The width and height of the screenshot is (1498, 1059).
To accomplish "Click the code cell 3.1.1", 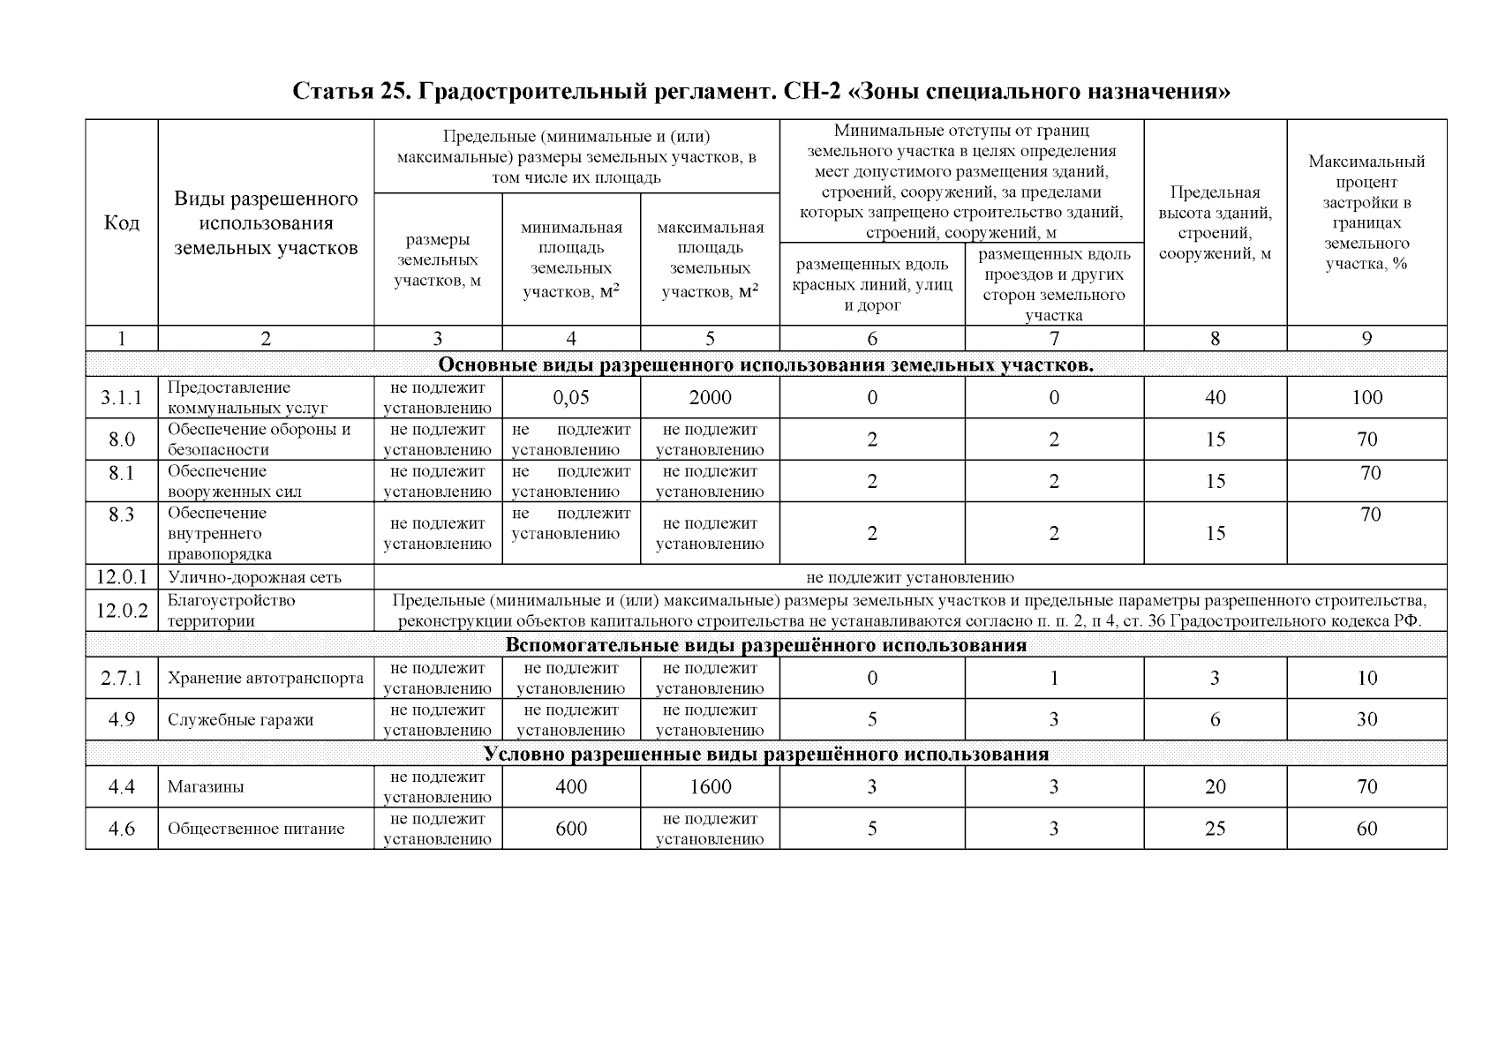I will (x=121, y=398).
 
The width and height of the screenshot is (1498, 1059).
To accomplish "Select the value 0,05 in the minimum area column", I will (x=571, y=398).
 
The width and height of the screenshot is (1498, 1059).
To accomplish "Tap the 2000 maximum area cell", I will (x=710, y=398).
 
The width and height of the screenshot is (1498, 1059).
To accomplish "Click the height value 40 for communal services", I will (x=1215, y=398).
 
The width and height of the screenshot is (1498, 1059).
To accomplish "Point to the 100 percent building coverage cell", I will (x=1366, y=398).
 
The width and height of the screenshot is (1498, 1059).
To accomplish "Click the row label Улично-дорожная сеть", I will (x=254, y=578).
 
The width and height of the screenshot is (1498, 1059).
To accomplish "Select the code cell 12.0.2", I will (x=121, y=611).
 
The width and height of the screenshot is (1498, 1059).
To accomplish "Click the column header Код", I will (x=121, y=222).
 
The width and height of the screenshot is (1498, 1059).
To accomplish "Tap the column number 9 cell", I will (x=1366, y=339).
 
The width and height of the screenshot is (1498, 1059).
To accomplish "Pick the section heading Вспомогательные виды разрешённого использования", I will (x=765, y=645).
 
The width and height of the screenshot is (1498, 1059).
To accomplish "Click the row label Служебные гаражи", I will (x=240, y=720).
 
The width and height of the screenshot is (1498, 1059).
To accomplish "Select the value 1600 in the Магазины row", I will (x=710, y=787).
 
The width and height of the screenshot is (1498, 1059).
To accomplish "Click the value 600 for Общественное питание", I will (x=571, y=829).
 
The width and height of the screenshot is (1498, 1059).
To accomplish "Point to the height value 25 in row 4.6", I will (x=1215, y=829).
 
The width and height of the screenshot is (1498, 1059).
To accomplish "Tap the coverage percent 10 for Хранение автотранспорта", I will (x=1366, y=679).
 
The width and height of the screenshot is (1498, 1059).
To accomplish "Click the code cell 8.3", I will (x=121, y=514).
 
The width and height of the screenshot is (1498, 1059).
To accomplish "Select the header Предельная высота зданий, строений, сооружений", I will (x=1215, y=223).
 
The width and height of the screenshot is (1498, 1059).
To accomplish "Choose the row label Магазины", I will (x=206, y=787).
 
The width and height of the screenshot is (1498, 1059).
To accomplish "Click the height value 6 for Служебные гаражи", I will (x=1215, y=720).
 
